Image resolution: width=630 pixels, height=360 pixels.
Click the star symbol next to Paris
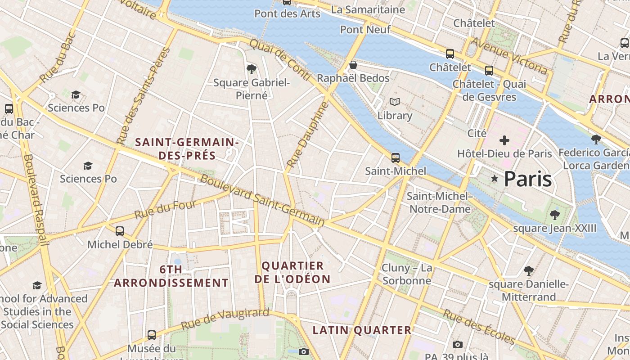[495, 179]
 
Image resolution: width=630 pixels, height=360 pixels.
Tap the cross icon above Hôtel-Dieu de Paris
[504, 140]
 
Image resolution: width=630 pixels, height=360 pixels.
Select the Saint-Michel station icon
[396, 158]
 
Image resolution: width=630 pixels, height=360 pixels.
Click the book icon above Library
[395, 102]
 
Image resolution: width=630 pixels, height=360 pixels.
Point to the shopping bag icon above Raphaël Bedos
[353, 65]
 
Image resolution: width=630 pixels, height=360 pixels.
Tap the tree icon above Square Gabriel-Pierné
[252, 69]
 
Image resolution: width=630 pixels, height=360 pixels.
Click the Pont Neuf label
[365, 30]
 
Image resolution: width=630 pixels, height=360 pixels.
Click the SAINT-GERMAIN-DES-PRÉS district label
[187, 149]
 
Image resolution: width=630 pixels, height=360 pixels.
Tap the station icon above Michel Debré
[120, 231]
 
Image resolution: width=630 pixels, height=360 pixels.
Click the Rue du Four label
[165, 210]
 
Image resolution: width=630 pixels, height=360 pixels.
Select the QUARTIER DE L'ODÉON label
[292, 272]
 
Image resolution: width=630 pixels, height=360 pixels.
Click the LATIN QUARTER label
[362, 330]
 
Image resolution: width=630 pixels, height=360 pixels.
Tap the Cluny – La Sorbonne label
[406, 274]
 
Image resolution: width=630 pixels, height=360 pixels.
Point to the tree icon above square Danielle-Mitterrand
[529, 271]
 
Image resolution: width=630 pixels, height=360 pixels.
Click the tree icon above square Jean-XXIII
[555, 215]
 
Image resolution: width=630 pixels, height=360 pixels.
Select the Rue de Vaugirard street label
[225, 319]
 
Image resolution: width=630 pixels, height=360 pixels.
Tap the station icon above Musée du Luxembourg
[152, 335]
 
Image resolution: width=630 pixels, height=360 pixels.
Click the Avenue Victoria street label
[509, 56]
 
